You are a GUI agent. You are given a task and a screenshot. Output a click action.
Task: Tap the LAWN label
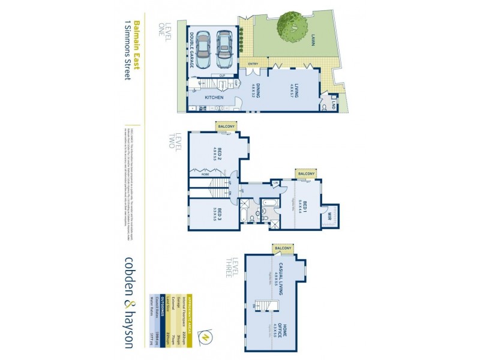pyautogui.click(x=313, y=40)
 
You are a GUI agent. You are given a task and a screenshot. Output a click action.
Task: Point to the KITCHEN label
pyautogui.click(x=214, y=97)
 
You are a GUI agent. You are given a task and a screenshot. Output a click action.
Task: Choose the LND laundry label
pyautogui.click(x=332, y=106)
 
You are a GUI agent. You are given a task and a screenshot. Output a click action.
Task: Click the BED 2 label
pyautogui.click(x=218, y=154)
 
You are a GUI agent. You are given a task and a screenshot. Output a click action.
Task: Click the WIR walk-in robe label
pyautogui.click(x=330, y=214)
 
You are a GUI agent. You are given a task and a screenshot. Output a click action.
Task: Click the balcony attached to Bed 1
pyautogui.click(x=305, y=173)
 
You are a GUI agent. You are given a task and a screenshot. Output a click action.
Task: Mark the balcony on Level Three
pyautogui.click(x=283, y=248)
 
